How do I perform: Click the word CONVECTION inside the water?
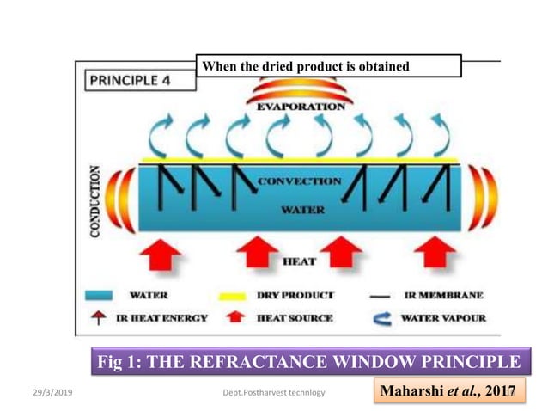point(301,182)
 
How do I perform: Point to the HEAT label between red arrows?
point(299,260)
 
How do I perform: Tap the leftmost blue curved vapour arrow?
point(161,136)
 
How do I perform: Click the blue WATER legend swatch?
point(100,295)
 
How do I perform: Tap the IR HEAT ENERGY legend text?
point(161,317)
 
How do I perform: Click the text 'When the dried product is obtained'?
point(304,66)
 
